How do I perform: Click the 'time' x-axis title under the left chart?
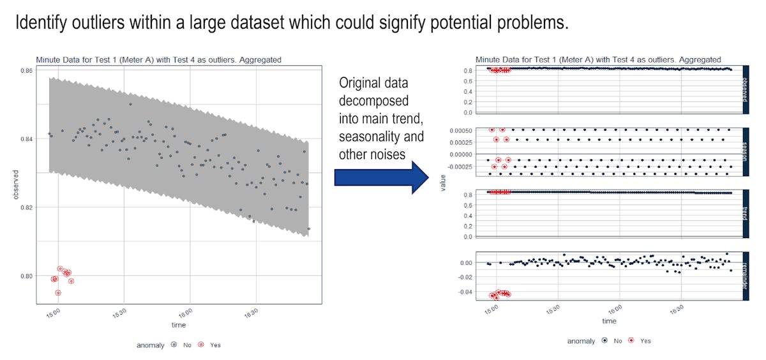point(179,326)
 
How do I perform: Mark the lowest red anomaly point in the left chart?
point(58,292)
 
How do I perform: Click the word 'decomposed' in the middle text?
point(373,101)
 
